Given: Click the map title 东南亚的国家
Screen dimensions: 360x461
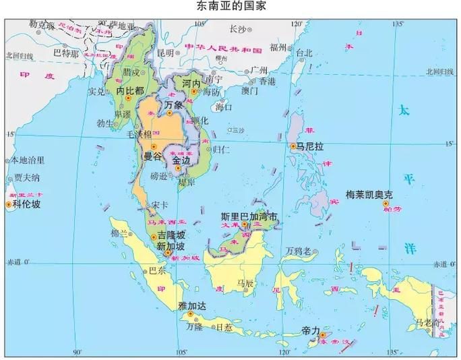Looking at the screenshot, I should point(230,7).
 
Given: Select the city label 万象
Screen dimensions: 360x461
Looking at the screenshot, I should point(173,104).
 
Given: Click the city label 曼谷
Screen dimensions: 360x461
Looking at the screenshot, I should point(152,156).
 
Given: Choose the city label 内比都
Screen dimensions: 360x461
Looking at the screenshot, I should point(130,90).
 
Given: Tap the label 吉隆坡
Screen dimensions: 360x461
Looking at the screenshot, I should point(171,235).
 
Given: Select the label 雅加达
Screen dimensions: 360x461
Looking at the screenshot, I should point(192,305).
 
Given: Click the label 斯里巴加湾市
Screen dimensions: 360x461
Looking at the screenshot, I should point(249,217).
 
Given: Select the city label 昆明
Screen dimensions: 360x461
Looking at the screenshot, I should point(165,52).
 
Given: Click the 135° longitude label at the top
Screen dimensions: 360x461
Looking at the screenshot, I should point(398,24).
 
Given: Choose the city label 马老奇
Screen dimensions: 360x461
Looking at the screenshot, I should point(427,322).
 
